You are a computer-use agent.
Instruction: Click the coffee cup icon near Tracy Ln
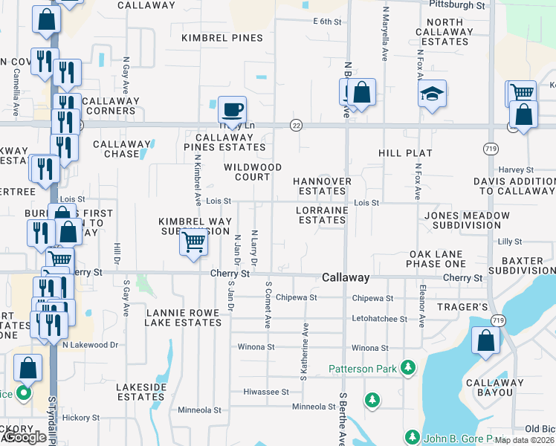(x=232, y=109)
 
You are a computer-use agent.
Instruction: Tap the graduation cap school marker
(x=431, y=94)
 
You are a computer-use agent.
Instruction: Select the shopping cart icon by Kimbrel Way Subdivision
(x=193, y=241)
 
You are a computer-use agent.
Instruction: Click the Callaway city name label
(x=346, y=277)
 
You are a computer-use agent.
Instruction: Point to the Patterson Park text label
(x=362, y=368)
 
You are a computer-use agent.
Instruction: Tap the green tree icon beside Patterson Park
(x=407, y=367)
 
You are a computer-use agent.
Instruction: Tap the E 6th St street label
(x=327, y=22)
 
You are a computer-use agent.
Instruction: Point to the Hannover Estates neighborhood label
(x=322, y=186)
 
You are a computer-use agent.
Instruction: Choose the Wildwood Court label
(x=253, y=172)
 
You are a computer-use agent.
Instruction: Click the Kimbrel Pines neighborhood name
(x=222, y=38)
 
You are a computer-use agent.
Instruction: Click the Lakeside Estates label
(x=140, y=392)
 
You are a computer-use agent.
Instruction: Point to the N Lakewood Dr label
(x=90, y=345)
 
